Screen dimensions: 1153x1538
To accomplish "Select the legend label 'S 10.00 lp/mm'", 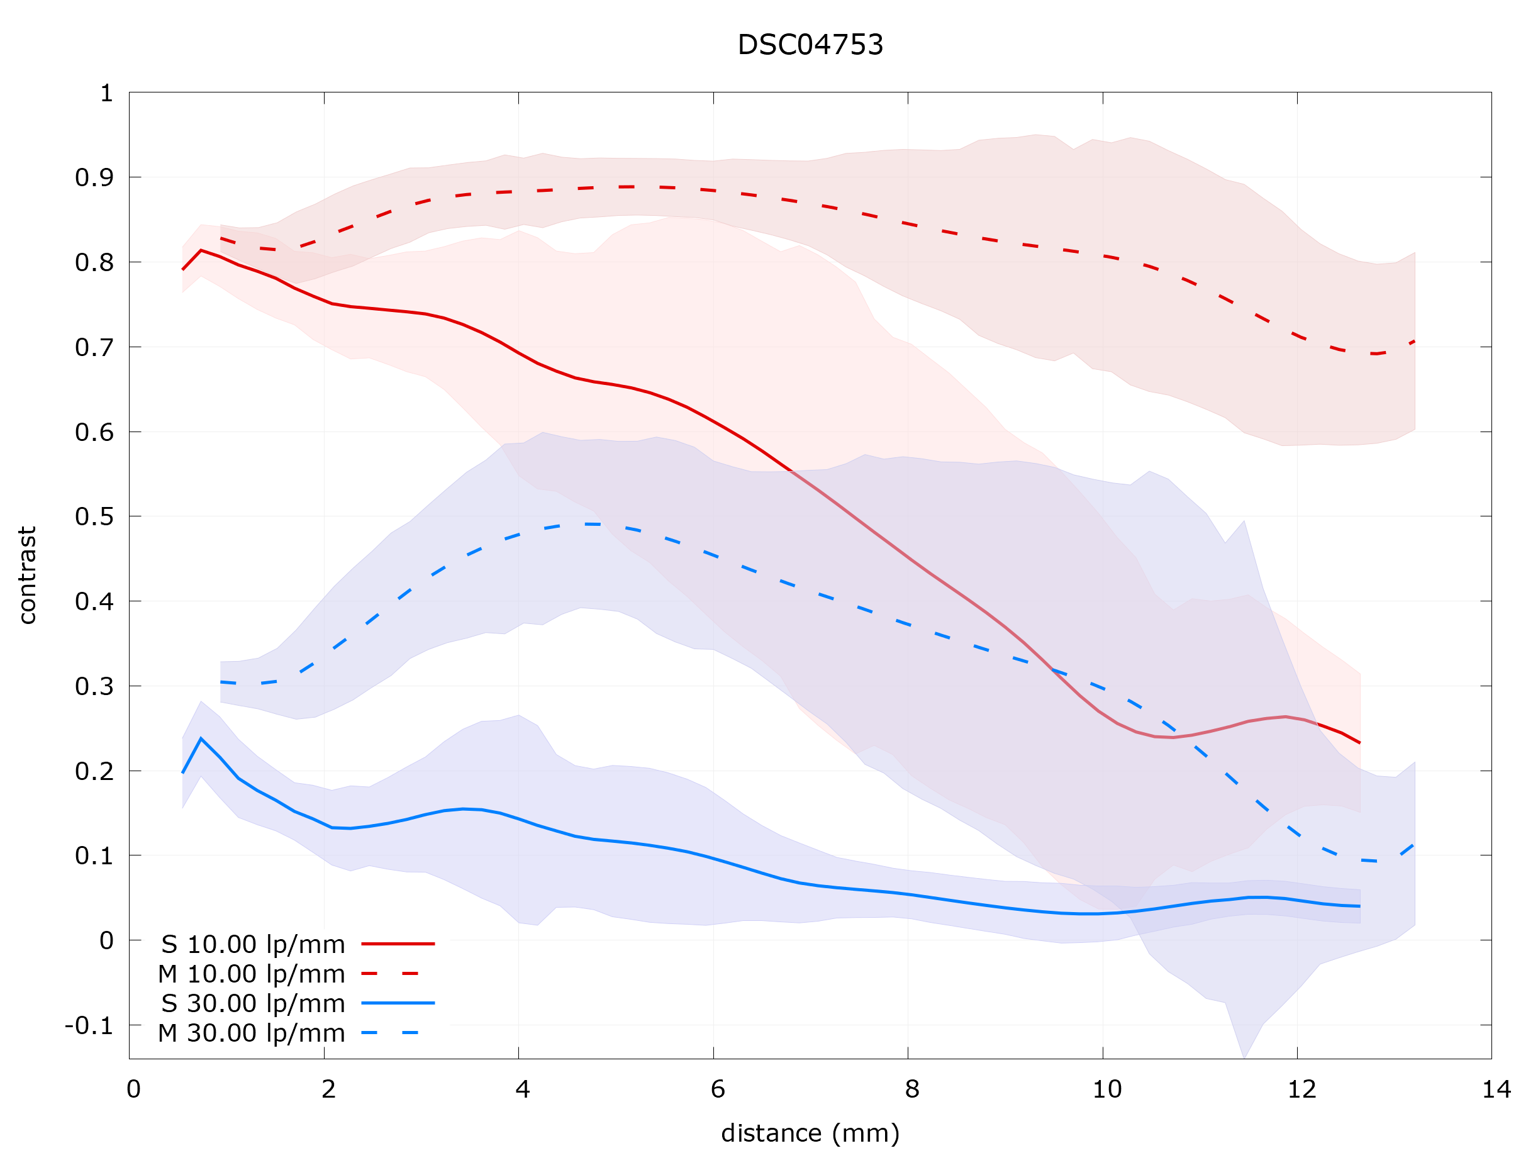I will (253, 944).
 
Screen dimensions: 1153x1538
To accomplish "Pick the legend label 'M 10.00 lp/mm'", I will (251, 974).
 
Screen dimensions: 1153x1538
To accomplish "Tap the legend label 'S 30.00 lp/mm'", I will (253, 1003).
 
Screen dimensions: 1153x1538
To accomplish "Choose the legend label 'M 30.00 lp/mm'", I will (251, 1033).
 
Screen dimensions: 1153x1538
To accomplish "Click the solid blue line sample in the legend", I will (398, 1003).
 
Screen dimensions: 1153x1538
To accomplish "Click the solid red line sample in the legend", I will (398, 944).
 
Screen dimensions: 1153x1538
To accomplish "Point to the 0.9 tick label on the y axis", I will (94, 178).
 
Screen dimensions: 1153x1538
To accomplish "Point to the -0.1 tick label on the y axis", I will (88, 1026).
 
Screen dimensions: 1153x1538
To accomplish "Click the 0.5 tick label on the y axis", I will (94, 516).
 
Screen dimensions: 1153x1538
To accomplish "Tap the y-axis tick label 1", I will (106, 93).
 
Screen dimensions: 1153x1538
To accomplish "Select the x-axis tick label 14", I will (1496, 1089).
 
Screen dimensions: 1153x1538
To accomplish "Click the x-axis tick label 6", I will (718, 1089).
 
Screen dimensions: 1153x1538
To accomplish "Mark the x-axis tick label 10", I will (1106, 1089).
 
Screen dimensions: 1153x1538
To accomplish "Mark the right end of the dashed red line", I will (1414, 342).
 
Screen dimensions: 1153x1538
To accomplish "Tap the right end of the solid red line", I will (1359, 743).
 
